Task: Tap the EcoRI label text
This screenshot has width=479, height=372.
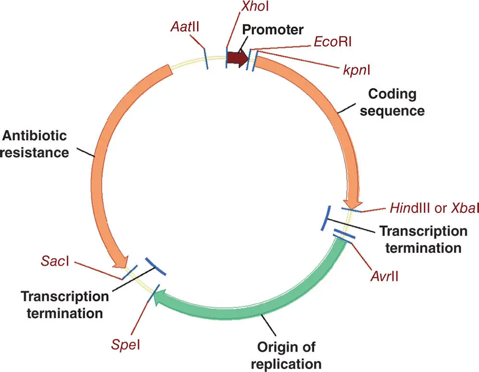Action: coord(332,42)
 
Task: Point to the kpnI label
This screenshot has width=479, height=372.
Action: coord(356,71)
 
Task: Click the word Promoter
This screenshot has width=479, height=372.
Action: coord(272,30)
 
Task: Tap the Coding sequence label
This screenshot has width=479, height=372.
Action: coord(393,102)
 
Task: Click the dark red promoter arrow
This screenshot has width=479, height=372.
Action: coord(237,59)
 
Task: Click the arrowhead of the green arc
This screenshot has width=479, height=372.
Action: coord(161,296)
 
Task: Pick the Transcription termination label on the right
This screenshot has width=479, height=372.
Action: coord(423,239)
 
